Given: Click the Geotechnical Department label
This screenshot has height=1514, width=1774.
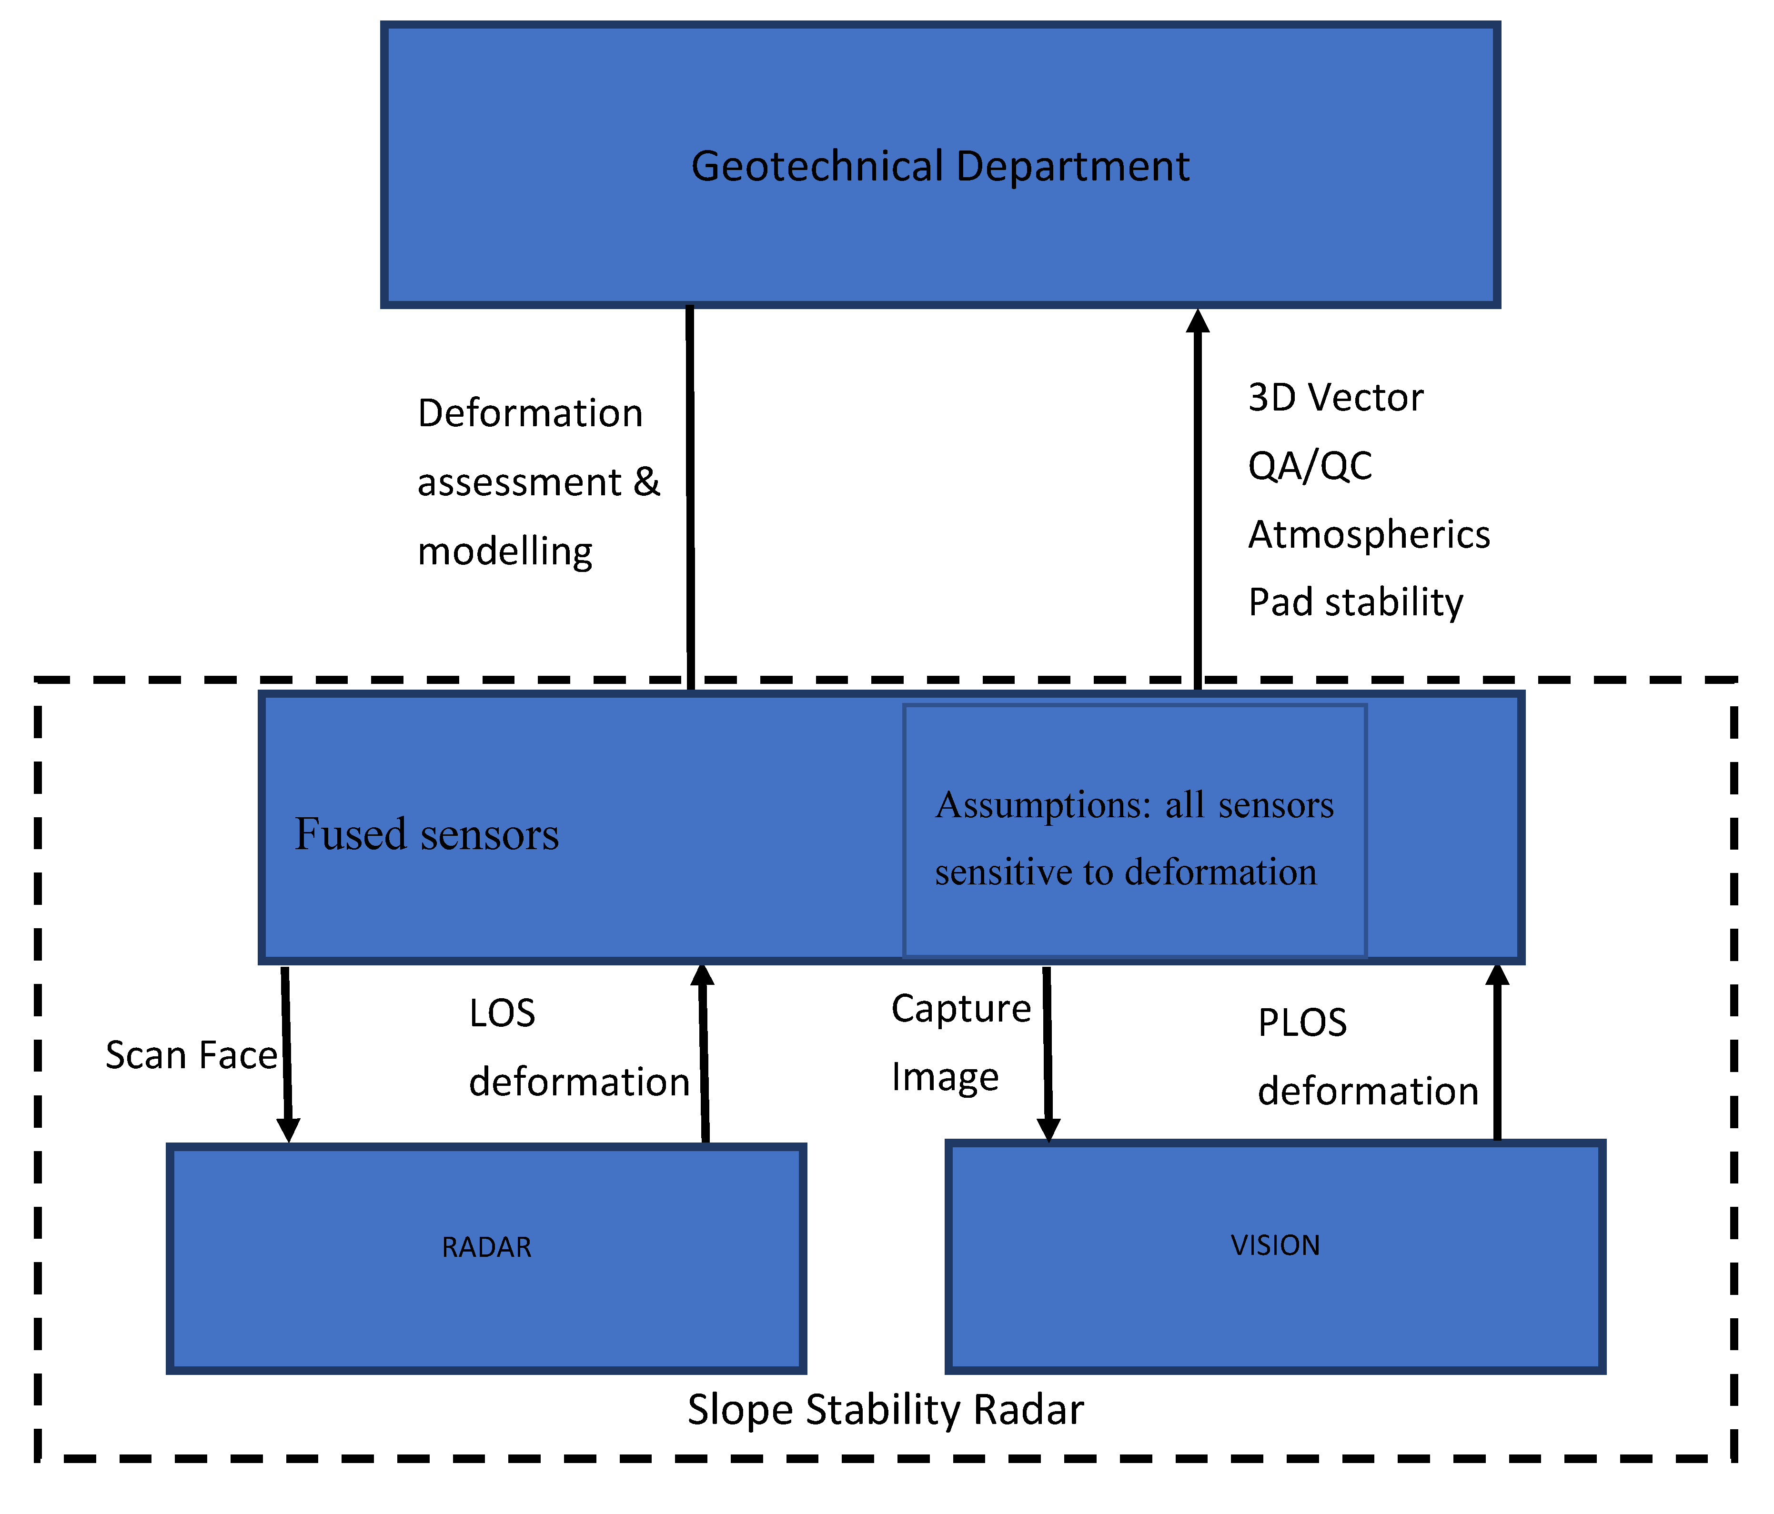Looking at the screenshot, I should (x=939, y=166).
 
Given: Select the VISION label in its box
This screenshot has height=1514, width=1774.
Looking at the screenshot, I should (x=1275, y=1245).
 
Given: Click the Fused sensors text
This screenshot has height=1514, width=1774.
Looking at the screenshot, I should (x=426, y=834).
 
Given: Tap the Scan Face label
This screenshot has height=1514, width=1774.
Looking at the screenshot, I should (x=191, y=1055).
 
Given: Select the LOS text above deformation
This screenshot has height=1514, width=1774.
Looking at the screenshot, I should (x=502, y=1014).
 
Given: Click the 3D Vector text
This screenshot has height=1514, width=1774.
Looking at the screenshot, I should (x=1335, y=398).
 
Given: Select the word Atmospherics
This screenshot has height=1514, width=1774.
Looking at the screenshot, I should (x=1368, y=535).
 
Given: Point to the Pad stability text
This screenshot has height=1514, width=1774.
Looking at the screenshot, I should (x=1355, y=602).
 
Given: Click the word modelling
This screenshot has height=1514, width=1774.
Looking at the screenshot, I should (x=504, y=552).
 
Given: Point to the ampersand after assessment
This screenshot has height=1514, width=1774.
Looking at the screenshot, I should (x=646, y=483).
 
